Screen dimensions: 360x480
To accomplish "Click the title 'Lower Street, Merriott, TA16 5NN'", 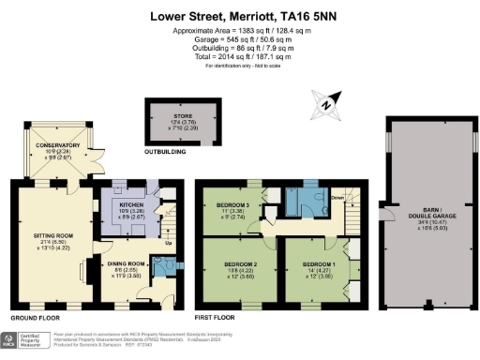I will pos(239,16).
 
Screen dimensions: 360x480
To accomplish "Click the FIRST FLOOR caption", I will pos(217,318).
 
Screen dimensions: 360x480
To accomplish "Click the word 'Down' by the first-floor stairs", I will pos(337,198).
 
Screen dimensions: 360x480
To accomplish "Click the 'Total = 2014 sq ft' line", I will pos(239,55).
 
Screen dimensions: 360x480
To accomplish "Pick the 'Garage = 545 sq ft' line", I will pos(239,40).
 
